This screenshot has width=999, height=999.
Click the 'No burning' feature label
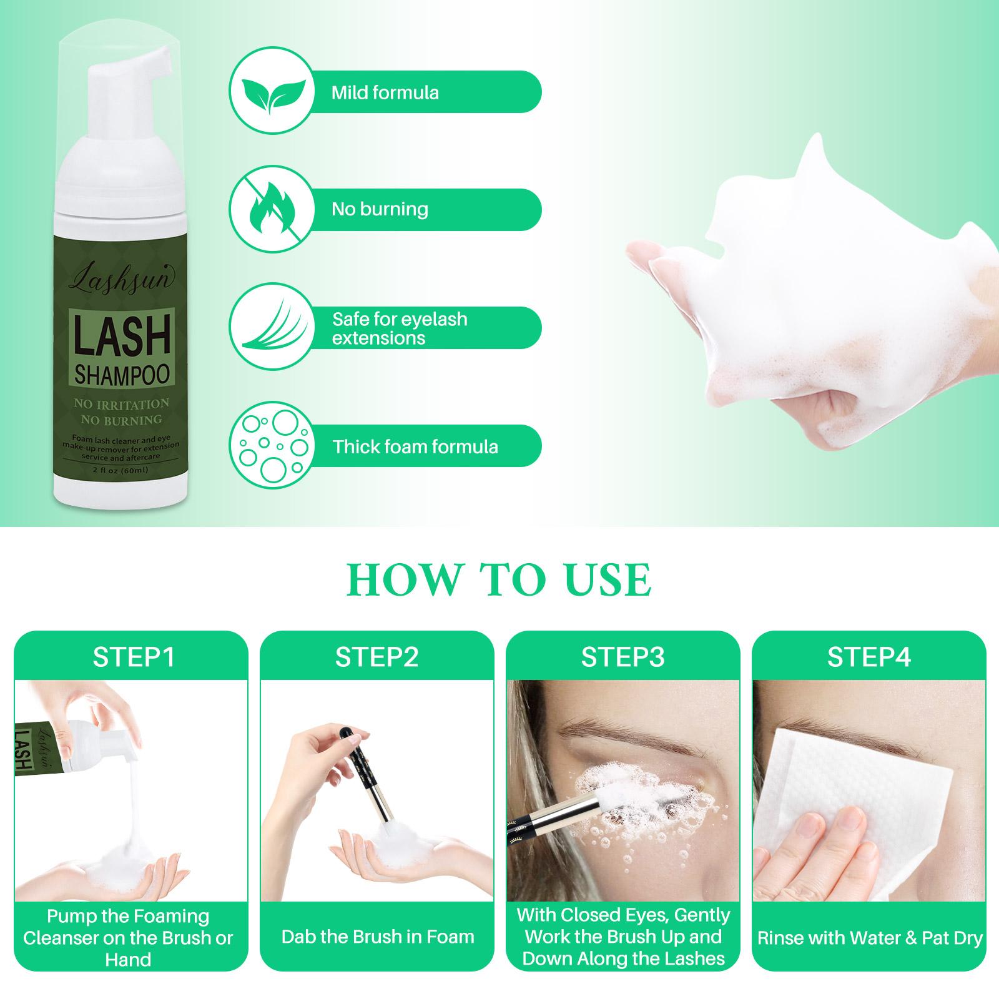coord(380,209)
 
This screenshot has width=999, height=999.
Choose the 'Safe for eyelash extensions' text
coord(400,328)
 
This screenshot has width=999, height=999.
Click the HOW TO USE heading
coord(499,579)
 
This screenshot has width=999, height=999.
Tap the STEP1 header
coord(134,657)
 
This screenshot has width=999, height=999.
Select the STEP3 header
coord(623,657)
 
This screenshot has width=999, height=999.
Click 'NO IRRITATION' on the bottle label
coord(122,404)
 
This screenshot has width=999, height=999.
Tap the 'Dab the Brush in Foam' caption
coord(378,937)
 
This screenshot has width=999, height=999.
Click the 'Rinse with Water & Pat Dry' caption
coord(870,938)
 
